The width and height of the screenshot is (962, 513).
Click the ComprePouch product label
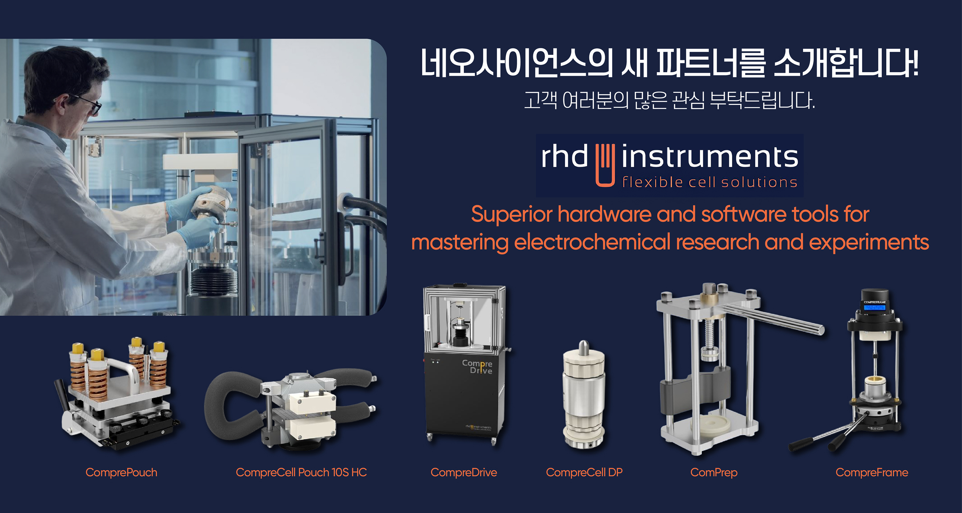pyautogui.click(x=121, y=473)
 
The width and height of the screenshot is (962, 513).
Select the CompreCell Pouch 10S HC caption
pyautogui.click(x=301, y=473)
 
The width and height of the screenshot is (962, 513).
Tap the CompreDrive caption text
pyautogui.click(x=464, y=473)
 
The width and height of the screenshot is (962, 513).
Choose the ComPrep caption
pyautogui.click(x=714, y=473)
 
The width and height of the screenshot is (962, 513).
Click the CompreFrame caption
pyautogui.click(x=872, y=473)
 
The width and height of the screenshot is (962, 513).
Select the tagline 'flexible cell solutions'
pyautogui.click(x=710, y=182)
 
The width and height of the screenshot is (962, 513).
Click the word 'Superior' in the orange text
pyautogui.click(x=511, y=214)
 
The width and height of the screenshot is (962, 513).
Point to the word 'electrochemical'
pyautogui.click(x=592, y=242)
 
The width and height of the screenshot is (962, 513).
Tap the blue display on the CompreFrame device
pyautogui.click(x=874, y=307)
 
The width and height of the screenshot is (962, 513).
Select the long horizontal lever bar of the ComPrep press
pyautogui.click(x=773, y=319)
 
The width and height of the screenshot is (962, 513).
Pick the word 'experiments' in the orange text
pyautogui.click(x=869, y=242)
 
